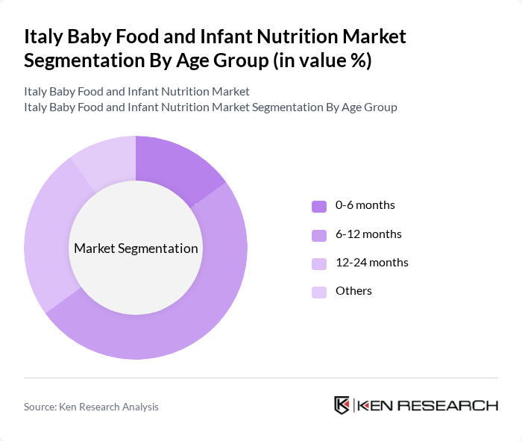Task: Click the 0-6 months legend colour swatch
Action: click(x=319, y=206)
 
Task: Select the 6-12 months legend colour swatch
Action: click(x=319, y=235)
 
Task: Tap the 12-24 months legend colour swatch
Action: click(x=319, y=263)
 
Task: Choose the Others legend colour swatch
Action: click(x=319, y=292)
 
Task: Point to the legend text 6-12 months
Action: click(x=368, y=234)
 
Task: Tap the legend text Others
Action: click(x=353, y=291)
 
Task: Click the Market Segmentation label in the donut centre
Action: click(x=136, y=248)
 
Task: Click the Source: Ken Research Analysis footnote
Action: click(x=91, y=407)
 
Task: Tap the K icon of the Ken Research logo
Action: click(x=342, y=405)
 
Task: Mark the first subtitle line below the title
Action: click(x=136, y=92)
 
